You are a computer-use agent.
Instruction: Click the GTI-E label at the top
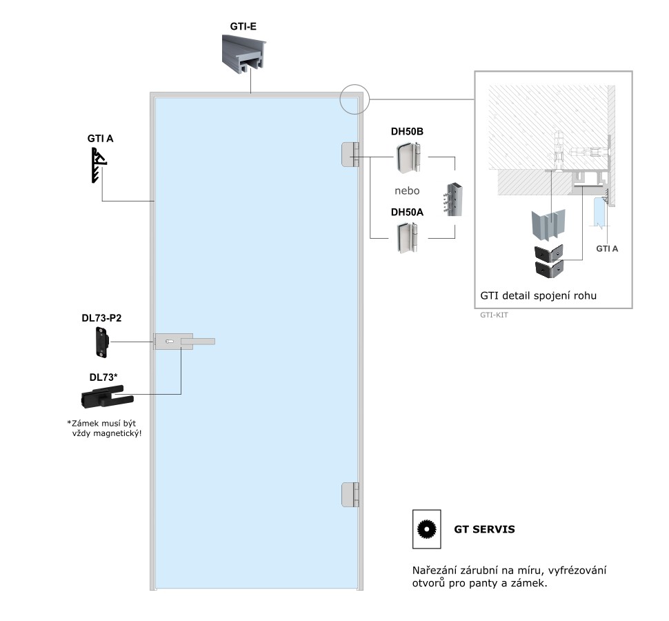tap(243, 28)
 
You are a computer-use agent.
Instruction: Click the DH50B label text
tap(407, 131)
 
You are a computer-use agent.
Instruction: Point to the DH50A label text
tap(407, 213)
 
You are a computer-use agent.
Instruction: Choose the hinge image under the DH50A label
tap(408, 238)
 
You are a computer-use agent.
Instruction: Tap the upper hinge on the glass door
tap(350, 155)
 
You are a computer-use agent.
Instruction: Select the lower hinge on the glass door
tap(350, 495)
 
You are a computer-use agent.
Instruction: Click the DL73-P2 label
tap(101, 319)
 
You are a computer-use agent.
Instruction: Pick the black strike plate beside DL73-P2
tap(101, 342)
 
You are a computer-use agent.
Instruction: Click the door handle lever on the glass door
tap(197, 341)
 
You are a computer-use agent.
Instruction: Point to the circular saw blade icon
tap(428, 530)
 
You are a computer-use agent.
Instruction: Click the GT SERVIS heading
tap(483, 531)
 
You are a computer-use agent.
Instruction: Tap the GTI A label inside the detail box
tap(606, 248)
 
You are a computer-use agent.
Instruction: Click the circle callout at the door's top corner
tap(356, 99)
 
